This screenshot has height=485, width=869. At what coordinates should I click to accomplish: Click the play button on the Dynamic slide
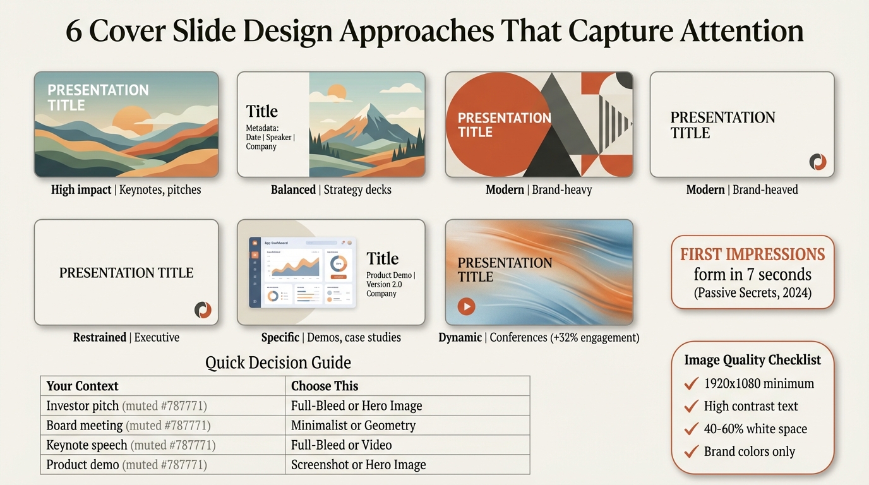tap(466, 307)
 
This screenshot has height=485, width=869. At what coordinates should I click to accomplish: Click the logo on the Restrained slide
tap(203, 310)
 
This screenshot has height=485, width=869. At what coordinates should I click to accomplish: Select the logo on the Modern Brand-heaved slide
tap(818, 162)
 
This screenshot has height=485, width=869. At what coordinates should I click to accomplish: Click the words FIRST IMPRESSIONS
tap(752, 254)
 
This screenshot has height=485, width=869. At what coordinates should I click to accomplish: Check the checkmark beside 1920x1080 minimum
tap(691, 383)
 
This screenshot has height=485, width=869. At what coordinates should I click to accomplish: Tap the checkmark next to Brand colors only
tap(691, 452)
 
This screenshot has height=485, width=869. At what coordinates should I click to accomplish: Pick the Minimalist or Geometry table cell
tap(353, 426)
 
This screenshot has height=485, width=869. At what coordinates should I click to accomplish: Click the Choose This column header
tap(325, 386)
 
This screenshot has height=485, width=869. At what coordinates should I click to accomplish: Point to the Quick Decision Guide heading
tap(278, 362)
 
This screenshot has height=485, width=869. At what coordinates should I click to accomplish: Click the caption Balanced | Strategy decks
tap(331, 189)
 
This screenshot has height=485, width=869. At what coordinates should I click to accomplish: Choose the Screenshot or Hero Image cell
tap(358, 465)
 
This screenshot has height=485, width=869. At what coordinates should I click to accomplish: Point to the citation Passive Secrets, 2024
tap(752, 293)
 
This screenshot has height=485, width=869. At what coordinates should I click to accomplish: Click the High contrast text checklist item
tap(751, 406)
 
